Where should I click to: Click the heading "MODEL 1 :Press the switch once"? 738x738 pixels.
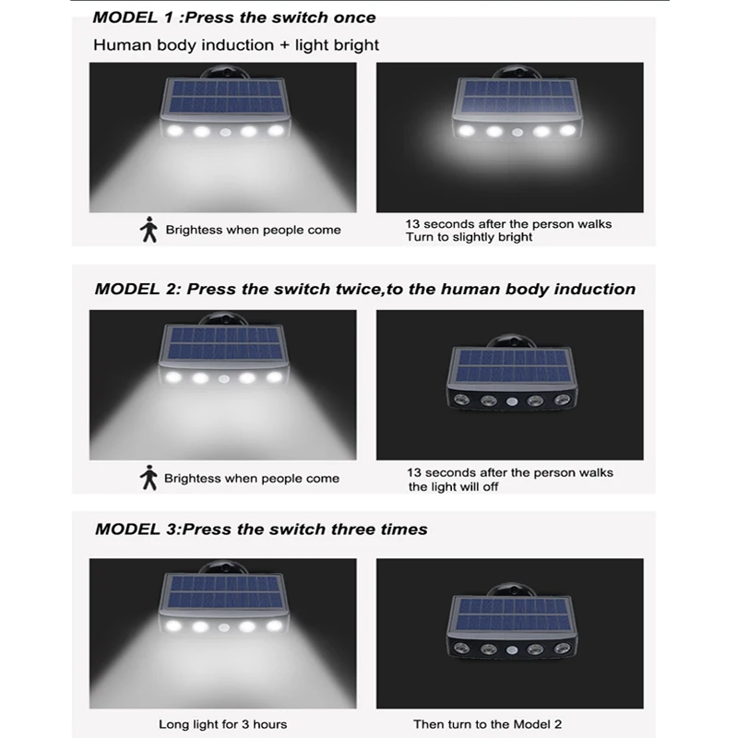234,18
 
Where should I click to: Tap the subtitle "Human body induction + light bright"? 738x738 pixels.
236,45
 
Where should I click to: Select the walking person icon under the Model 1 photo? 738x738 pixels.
149,230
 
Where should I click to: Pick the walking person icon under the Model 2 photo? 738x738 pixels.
149,478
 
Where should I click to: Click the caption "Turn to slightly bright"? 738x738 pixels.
469,237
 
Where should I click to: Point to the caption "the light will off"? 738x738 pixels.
453,487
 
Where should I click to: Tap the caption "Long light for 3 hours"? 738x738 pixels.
222,724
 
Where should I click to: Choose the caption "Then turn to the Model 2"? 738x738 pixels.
488,724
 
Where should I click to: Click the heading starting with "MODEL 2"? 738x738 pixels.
364,289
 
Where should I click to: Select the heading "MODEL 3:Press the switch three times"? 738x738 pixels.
261,529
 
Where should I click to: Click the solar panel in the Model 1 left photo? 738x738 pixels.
225,97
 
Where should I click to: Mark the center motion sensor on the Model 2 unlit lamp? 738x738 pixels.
512,402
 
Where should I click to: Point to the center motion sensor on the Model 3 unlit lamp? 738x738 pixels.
512,650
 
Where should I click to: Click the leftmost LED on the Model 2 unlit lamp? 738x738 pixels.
460,400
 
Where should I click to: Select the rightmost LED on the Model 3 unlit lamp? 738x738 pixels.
562,649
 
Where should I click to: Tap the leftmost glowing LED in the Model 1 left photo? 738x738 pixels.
174,131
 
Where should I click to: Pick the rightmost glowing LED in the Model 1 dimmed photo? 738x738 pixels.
567,130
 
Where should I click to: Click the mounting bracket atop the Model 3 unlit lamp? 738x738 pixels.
512,589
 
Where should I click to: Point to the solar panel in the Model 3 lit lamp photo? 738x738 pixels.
224,591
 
